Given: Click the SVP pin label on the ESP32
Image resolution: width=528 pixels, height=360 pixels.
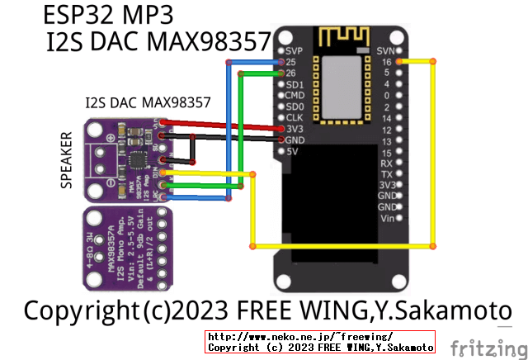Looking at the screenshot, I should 295,50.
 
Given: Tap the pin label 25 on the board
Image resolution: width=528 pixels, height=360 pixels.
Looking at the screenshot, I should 291,62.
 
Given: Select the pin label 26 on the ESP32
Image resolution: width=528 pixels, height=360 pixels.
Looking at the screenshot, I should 291,73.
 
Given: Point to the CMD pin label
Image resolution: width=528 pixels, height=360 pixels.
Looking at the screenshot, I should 295,96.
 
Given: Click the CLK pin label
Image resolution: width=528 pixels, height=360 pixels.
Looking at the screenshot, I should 295,118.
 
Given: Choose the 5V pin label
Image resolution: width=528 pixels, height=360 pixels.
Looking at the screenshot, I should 292,152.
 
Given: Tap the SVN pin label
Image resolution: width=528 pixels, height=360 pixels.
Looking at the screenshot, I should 385,50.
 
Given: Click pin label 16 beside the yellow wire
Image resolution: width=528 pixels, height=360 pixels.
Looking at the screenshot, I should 387,62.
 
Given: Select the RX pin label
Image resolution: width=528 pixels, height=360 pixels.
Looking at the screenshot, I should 386,163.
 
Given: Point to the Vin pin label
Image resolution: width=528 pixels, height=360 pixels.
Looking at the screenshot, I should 386,219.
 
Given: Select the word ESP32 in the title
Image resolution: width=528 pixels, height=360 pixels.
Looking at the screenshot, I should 86,15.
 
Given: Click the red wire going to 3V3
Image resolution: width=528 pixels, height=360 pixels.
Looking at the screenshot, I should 223,125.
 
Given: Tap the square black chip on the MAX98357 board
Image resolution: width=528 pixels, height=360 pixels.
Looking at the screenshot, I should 137,157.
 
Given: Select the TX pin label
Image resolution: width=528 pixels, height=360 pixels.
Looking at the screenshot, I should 386,174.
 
